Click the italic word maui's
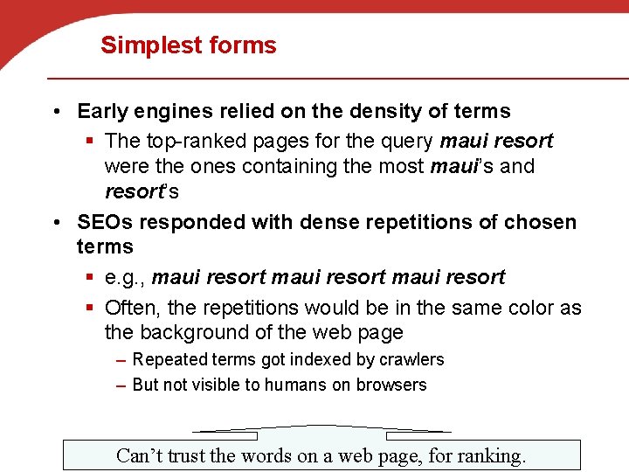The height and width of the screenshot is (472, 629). tap(461, 166)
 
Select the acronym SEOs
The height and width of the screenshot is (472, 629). tap(105, 222)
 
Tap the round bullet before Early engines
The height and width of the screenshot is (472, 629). tap(55, 112)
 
